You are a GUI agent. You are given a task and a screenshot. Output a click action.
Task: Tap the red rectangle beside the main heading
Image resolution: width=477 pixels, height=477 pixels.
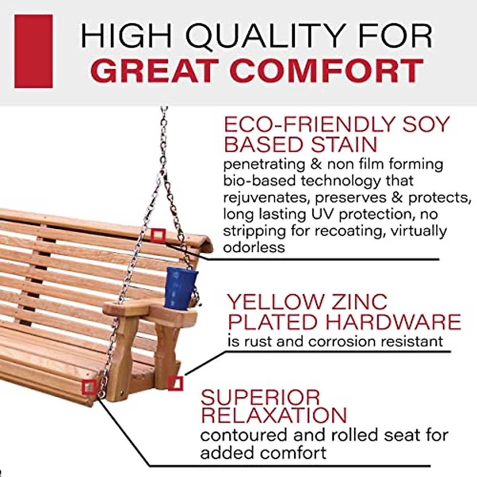(33, 51)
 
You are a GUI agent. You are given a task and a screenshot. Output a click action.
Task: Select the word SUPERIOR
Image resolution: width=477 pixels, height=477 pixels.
(260, 397)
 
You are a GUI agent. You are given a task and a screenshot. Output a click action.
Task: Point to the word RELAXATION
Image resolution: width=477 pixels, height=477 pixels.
(274, 415)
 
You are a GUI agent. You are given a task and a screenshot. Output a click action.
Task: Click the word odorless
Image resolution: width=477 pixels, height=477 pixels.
(254, 247)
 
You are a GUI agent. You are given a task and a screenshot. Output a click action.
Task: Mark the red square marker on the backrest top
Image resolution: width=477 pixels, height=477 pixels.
(158, 236)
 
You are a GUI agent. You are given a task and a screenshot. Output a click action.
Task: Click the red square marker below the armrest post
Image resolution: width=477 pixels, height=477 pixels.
(175, 384)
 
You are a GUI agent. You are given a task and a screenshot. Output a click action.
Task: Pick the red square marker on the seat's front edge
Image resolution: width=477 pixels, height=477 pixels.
(89, 386)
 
